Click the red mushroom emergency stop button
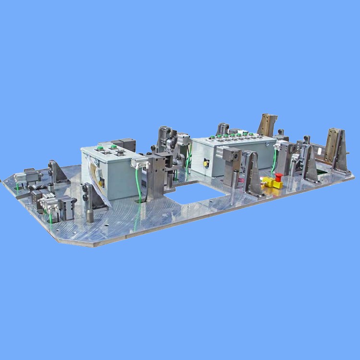coord(279,177)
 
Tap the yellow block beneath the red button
coord(271,183)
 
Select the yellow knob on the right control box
coord(207,163)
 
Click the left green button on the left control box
coord(101,148)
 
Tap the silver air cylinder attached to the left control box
coord(141,162)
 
